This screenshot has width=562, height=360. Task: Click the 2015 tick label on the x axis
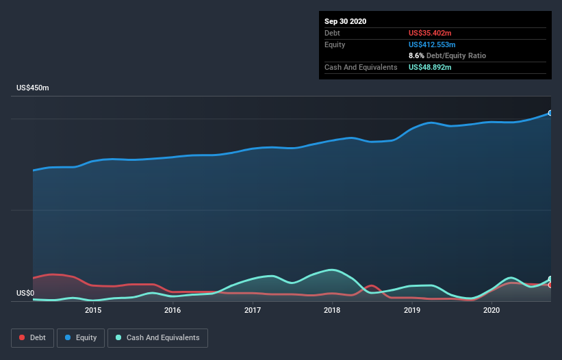point(93,310)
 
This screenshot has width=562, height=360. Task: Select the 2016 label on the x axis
point(173,310)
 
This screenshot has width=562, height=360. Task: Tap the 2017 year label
point(253,310)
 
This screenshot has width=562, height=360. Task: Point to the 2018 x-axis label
point(332,310)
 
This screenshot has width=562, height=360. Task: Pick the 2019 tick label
point(412,310)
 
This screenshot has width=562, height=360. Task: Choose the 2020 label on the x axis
point(491,310)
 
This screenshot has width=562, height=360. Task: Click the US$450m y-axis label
point(33,88)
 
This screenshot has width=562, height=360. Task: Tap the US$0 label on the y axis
point(26,294)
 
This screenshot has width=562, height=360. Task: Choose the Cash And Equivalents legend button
point(157,337)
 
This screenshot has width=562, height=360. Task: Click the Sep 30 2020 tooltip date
point(346,21)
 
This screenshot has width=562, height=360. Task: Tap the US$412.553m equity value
point(432,44)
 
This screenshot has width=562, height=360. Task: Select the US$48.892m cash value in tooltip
point(430,67)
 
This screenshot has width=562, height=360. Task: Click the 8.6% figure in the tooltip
point(416,55)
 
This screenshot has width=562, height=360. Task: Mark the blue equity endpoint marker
point(550,113)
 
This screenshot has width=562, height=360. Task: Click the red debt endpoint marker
point(550,285)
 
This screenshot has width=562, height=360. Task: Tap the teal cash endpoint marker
point(550,279)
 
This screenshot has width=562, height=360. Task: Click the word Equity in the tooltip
point(335,44)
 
